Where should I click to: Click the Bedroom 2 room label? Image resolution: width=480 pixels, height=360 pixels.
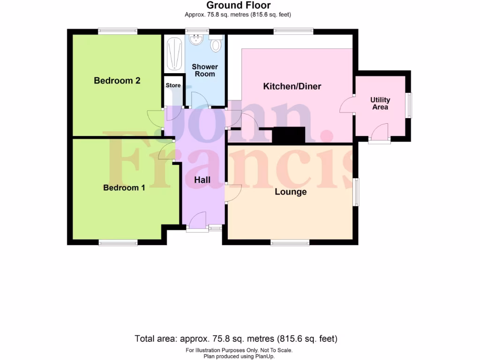coord(117,81)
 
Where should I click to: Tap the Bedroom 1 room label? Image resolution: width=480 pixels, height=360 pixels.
coord(124,187)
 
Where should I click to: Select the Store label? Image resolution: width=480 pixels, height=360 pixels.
coord(173,85)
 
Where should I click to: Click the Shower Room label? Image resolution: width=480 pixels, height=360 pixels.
coord(205,70)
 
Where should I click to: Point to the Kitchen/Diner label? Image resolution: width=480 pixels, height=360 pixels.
coord(292,86)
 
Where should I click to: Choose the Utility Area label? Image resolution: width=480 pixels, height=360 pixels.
coord(380,103)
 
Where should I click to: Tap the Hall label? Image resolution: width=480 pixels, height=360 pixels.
coord(202,180)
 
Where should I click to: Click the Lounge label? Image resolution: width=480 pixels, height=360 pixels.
coord(291,192)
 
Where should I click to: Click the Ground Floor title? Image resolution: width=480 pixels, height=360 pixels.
coord(239,6)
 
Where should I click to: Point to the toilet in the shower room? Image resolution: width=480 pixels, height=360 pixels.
coord(216,45)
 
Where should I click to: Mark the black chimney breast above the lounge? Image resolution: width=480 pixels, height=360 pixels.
coord(289,135)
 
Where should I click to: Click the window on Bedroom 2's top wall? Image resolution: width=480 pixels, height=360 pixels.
coord(118,31)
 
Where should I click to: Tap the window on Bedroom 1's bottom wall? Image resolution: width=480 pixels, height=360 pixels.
coord(118,242)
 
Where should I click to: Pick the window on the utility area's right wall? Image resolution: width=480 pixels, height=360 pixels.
coord(408,105)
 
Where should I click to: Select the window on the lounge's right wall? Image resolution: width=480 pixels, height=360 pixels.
coord(356,191)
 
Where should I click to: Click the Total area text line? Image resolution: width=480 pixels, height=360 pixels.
coord(236,338)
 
